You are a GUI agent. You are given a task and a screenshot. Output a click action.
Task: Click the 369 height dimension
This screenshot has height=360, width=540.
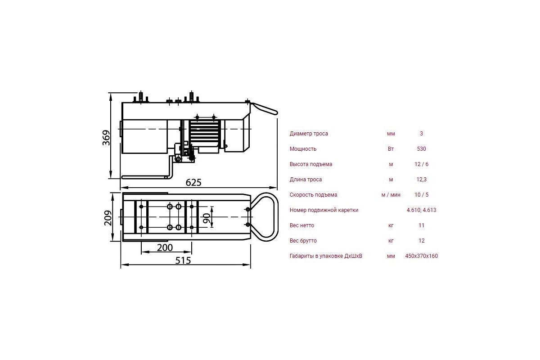tap(106, 138)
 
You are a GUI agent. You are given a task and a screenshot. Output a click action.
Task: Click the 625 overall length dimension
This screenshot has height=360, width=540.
tap(193, 183)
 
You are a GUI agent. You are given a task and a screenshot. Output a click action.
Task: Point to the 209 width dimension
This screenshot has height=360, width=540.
tap(108, 218)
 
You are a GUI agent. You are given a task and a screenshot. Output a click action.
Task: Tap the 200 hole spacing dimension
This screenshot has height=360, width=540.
tap(165, 247)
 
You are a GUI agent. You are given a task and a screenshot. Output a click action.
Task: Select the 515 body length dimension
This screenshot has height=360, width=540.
tap(183, 261)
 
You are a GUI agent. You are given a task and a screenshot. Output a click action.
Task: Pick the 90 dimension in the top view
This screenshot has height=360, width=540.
tap(207, 218)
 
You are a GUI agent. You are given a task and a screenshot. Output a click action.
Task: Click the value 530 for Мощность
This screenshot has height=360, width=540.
tap(421, 149)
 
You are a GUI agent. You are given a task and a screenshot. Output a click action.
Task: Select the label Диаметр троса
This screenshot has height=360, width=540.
tap(309, 134)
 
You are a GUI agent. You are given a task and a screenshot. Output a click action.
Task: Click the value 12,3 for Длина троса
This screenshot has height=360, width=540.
tap(421, 180)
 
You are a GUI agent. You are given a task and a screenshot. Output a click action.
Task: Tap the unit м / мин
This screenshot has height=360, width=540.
tap(391, 195)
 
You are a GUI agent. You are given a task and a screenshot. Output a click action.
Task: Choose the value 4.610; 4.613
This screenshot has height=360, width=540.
tap(421, 210)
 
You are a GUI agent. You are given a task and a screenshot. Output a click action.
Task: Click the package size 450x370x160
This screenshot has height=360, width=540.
tap(421, 256)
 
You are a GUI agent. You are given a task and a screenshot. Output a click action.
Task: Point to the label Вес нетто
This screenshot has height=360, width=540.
tap(302, 225)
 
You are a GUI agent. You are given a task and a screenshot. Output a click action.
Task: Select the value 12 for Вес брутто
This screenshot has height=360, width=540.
tap(421, 241)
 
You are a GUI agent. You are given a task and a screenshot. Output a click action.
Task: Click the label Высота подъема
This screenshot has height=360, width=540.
tap(311, 164)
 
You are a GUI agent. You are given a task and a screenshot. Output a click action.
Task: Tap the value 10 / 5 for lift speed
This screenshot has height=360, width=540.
tap(421, 195)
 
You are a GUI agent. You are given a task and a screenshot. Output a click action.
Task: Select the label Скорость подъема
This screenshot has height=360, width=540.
tap(313, 195)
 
